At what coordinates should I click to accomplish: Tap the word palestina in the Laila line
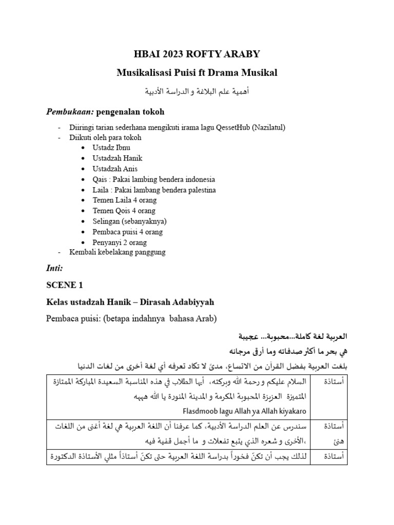coord(198,190)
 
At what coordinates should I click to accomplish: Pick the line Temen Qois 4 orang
coord(124,211)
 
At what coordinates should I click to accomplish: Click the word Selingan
coord(106,221)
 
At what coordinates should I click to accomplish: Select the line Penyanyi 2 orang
coord(120,242)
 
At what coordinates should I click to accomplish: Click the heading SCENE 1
coord(64,285)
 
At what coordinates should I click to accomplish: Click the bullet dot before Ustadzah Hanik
coord(83,158)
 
